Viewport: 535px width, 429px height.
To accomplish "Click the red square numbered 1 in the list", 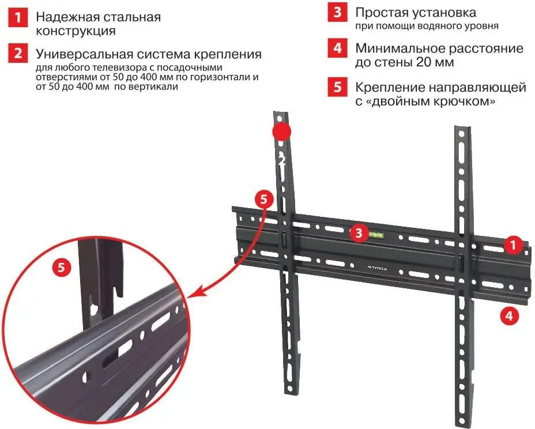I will point(20,17).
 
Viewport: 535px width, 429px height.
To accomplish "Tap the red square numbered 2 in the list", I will point(20,54).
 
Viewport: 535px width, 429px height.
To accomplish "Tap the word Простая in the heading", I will point(380,12).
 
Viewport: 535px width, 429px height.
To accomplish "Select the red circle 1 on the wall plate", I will point(511,244).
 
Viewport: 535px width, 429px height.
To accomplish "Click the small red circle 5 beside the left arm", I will point(264,200).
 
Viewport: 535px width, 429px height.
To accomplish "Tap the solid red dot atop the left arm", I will point(282,131).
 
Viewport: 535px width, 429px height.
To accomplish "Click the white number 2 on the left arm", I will point(282,160).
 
